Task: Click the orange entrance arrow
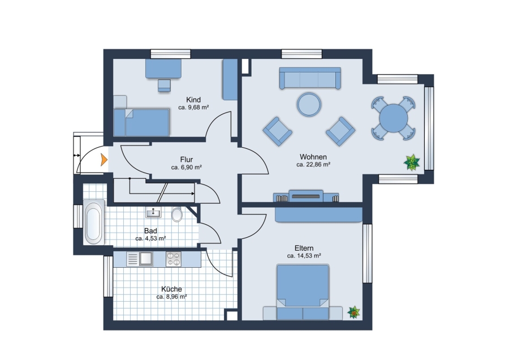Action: pos(104,160)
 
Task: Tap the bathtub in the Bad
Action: pos(93,222)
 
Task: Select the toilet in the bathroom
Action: pos(177,214)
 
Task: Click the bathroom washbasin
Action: pos(153,212)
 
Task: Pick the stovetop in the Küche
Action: pos(174,259)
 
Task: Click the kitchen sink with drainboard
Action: pos(140,259)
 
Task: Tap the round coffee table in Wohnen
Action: pos(309,104)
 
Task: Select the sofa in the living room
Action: pos(310,78)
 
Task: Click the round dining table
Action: pos(394,118)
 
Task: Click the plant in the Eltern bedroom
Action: pos(354,312)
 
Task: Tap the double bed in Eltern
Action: pos(303,292)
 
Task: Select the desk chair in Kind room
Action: pos(164,85)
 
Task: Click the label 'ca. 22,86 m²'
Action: pos(313,165)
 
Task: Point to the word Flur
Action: pos(186,160)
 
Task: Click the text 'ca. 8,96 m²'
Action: pos(171,297)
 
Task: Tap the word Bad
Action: pos(150,231)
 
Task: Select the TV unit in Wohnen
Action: pos(306,196)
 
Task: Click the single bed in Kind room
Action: pos(141,122)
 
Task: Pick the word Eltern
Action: pos(304,248)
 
